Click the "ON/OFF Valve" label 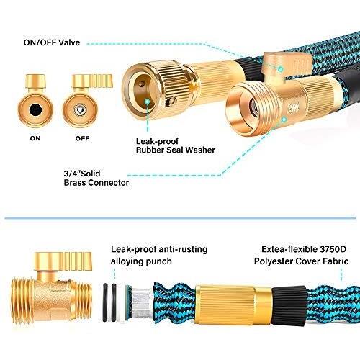[x=52, y=42]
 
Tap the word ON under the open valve [x=35, y=138]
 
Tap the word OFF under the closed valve [x=82, y=138]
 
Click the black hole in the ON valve [x=35, y=110]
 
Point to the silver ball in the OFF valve [x=80, y=110]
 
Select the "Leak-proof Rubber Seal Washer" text [x=176, y=145]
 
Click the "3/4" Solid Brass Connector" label [x=96, y=178]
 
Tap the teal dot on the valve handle [x=280, y=69]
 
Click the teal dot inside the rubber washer [x=148, y=102]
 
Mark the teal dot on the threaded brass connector [x=284, y=120]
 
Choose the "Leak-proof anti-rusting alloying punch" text [x=159, y=256]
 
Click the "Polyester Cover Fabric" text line [x=301, y=261]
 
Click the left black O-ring [x=105, y=302]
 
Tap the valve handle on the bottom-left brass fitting [x=63, y=261]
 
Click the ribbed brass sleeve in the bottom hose [x=225, y=305]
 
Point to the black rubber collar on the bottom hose [x=289, y=305]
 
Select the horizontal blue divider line [x=180, y=218]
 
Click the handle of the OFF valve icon [x=93, y=81]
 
